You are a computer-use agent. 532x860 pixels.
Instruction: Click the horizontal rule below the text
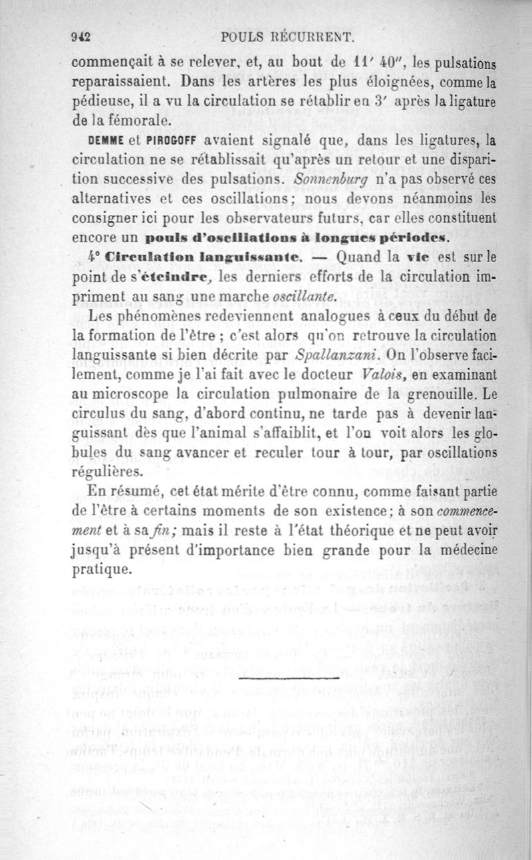click(287, 678)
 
